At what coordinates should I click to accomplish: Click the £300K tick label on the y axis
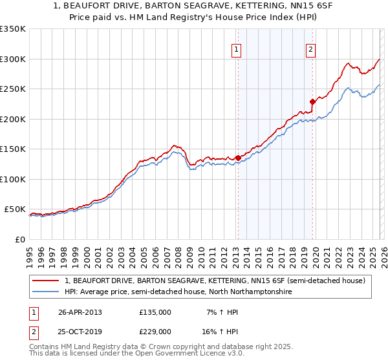click(x=13, y=59)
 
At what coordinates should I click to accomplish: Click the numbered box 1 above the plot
click(x=237, y=49)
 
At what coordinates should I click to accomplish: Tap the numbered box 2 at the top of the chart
click(x=311, y=49)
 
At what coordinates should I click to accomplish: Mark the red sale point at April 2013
click(x=238, y=158)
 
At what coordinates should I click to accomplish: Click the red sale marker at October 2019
click(x=312, y=101)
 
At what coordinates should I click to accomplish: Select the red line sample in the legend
click(x=46, y=281)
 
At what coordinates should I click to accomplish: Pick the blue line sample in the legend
click(x=46, y=292)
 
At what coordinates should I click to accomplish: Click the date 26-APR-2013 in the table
click(x=80, y=312)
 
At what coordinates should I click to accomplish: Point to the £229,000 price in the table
click(x=155, y=331)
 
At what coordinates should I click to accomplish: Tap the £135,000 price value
click(x=155, y=312)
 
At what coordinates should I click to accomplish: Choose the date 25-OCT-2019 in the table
click(x=80, y=331)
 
